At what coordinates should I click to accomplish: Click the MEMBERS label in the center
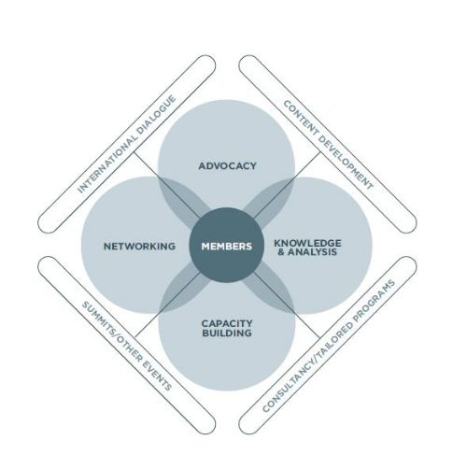coord(227,247)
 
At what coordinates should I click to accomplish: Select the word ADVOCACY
coord(228,166)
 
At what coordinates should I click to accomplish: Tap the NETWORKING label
coord(139,247)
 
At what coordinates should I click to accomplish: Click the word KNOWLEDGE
coord(307,243)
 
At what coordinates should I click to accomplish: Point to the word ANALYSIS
coord(312,252)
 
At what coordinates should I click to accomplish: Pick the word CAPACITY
coord(227,323)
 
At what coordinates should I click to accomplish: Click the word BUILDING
coord(227,333)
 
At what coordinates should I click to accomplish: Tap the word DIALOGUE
coord(158,113)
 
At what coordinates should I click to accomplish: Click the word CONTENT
coord(300,117)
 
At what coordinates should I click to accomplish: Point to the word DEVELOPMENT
coord(346,163)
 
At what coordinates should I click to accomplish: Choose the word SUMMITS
coord(98,319)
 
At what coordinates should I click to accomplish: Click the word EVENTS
coord(157,376)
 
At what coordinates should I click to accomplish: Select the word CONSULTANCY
coord(289,386)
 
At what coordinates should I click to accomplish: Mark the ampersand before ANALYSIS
coord(281,252)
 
